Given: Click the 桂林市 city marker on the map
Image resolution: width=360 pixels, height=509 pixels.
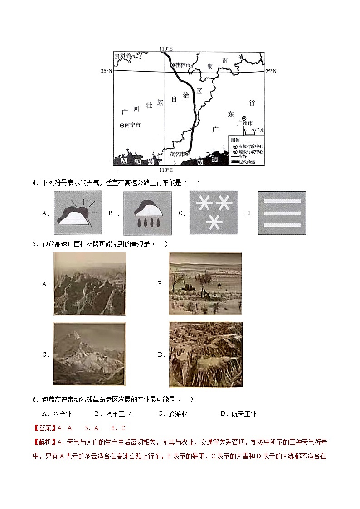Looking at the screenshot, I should coord(173,65).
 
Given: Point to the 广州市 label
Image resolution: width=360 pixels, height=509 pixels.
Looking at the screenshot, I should coord(244,123).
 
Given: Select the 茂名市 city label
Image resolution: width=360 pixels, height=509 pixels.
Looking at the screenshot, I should coord(177,154).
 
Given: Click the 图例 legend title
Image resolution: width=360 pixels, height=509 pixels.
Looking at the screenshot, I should coord(235,140).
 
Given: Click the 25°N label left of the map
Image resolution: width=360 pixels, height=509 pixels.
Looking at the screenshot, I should coord(106,71).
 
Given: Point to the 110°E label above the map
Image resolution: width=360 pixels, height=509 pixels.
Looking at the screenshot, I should coord(166,48).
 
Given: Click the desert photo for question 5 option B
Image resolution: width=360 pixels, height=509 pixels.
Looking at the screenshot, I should coord(205,284).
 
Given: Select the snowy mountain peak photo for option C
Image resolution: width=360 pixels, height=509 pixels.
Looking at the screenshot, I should coord(88,354).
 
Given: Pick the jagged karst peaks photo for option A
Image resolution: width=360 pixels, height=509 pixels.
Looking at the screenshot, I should coord(89,284).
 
